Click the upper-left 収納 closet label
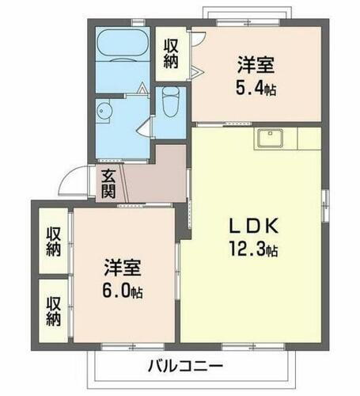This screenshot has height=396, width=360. point(54,242)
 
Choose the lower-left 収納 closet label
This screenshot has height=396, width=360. point(54,310)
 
